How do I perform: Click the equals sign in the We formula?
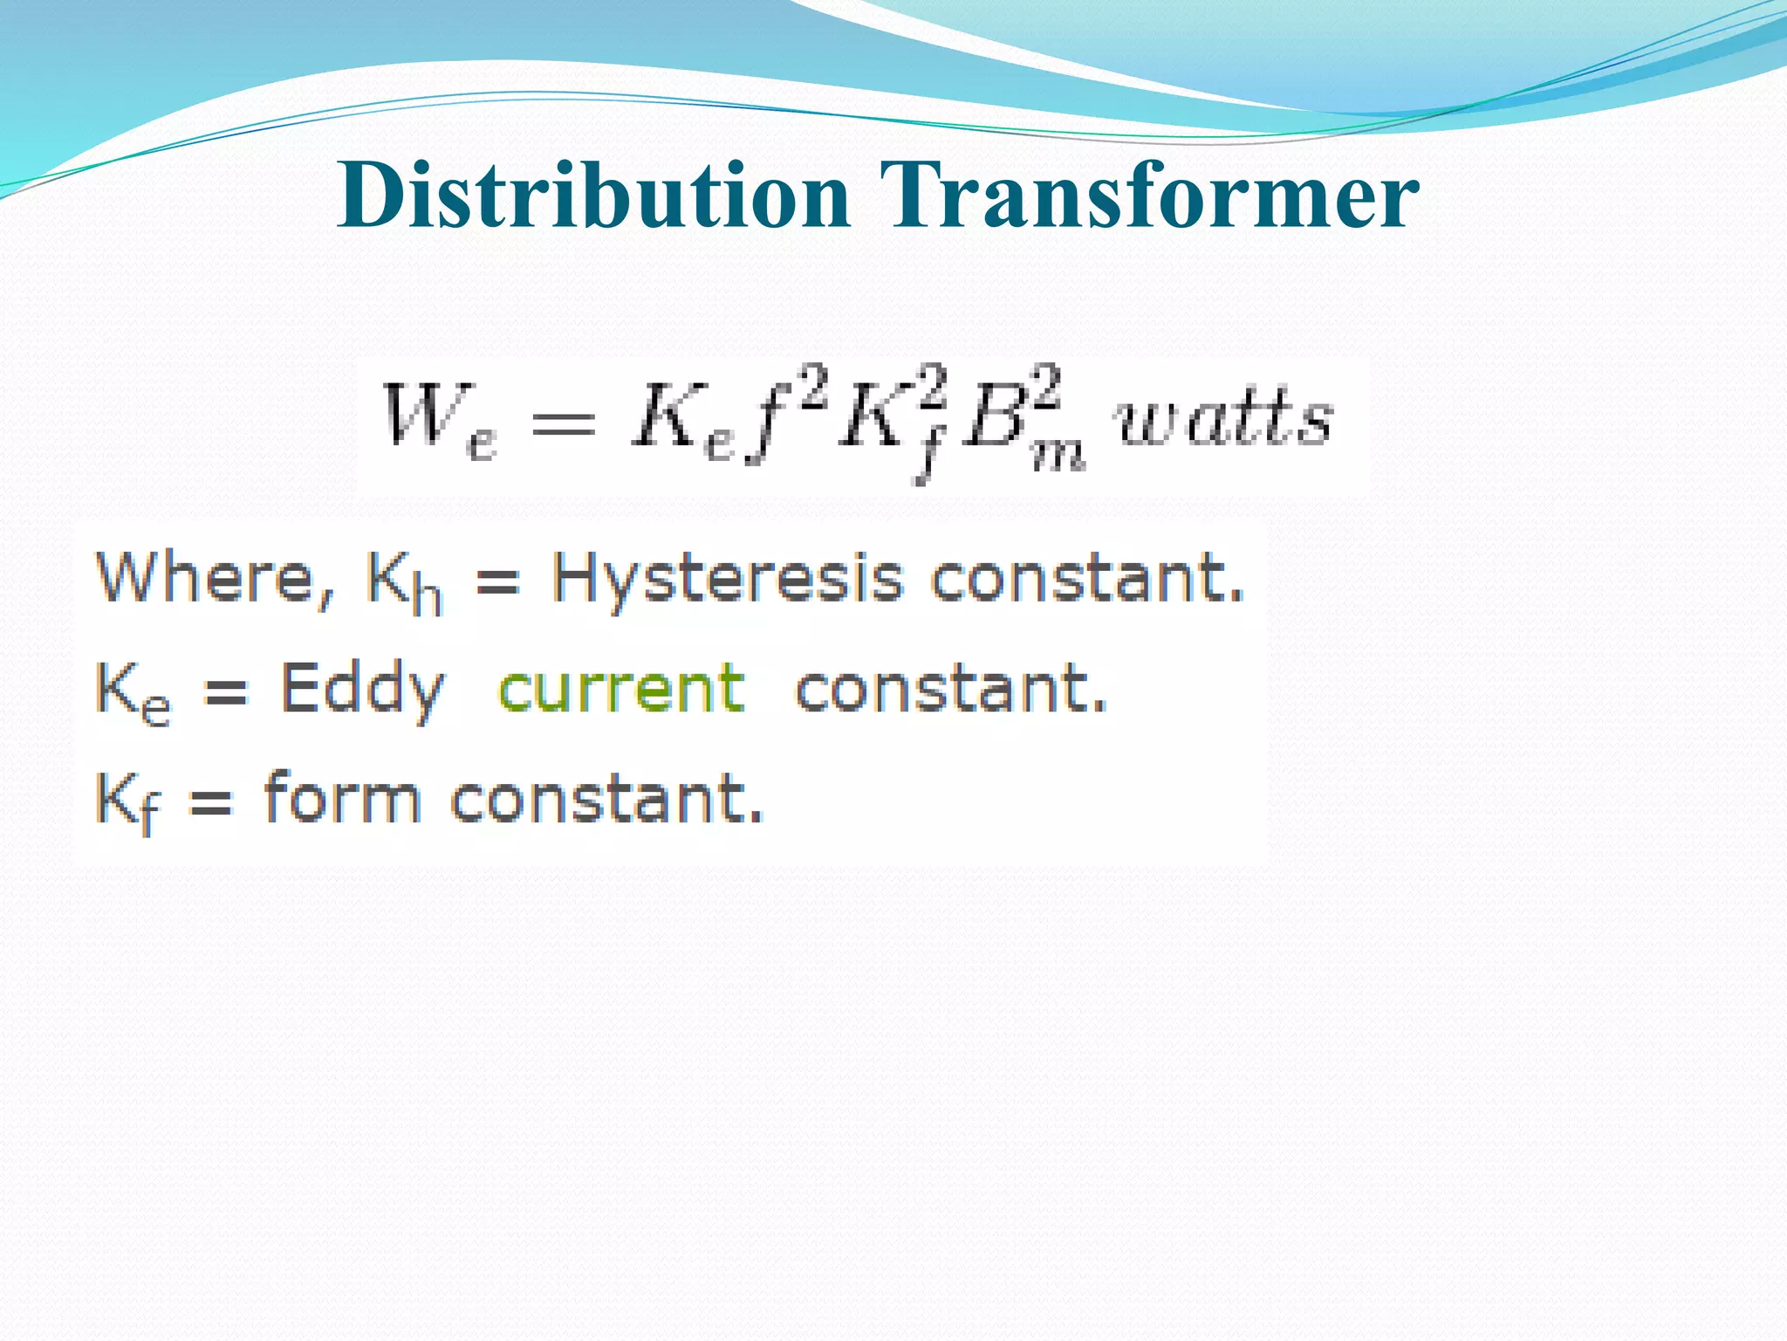(564, 423)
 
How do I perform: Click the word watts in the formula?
(1225, 419)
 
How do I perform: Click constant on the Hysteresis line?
(1087, 578)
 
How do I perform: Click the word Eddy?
(362, 690)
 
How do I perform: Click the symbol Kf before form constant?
(127, 801)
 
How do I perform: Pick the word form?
(342, 798)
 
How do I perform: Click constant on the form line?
(606, 798)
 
